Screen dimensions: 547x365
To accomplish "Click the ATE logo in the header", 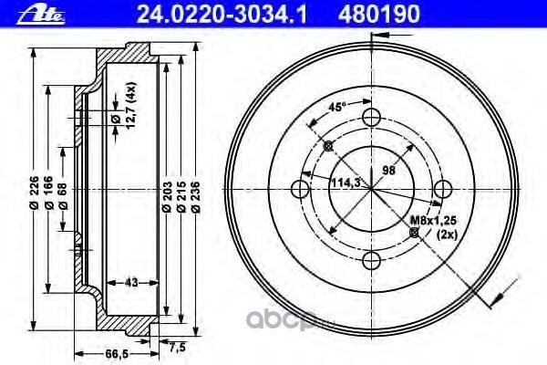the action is pyautogui.click(x=41, y=16).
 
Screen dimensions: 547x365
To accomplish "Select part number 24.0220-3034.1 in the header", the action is pyautogui.click(x=222, y=15).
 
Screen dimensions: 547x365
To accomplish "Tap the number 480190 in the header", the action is pyautogui.click(x=379, y=15).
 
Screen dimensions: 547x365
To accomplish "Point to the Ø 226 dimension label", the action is pyautogui.click(x=35, y=193).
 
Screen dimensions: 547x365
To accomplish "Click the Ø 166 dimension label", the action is pyautogui.click(x=49, y=193).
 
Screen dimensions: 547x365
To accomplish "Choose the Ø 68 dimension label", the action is pyautogui.click(x=63, y=195).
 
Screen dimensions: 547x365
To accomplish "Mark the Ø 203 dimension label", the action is pyautogui.click(x=167, y=197).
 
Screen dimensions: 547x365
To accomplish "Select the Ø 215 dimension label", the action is pyautogui.click(x=181, y=197).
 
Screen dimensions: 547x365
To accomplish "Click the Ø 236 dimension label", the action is pyautogui.click(x=196, y=197).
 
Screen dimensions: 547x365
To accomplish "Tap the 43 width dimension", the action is pyautogui.click(x=131, y=282).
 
